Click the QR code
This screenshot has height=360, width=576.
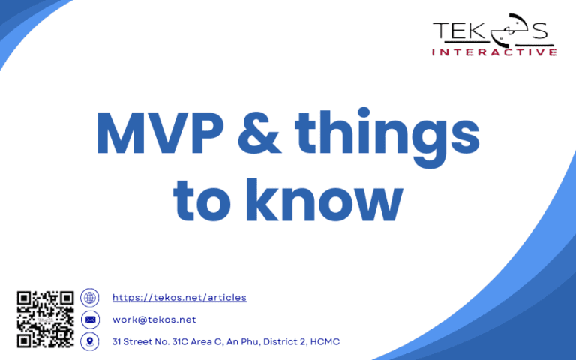point(45,319)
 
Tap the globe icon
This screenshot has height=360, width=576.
point(90,297)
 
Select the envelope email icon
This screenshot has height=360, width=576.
point(90,319)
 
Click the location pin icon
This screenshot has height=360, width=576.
point(90,341)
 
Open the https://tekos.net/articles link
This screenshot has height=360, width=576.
point(179,298)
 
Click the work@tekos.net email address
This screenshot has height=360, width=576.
point(154,319)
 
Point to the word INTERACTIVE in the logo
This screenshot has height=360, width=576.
point(494,52)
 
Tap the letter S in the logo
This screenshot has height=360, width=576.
point(539,31)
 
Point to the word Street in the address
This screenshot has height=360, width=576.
point(138,342)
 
